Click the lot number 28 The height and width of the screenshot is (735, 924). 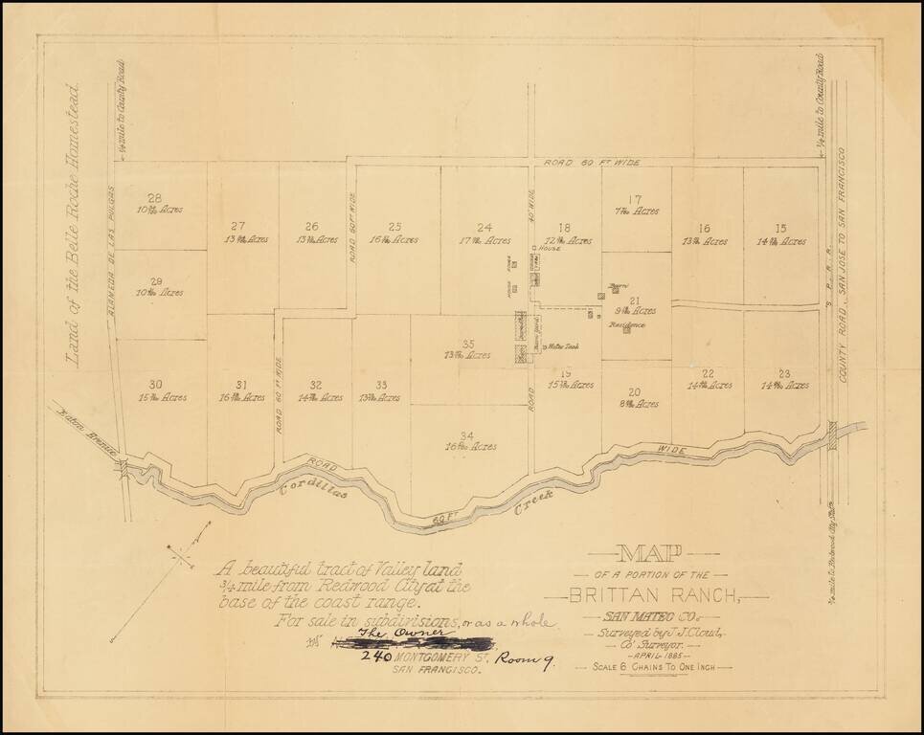pos(154,198)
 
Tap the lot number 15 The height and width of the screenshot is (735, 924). pos(780,228)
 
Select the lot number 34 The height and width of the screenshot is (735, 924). pos(466,435)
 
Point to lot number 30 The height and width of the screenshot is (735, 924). pos(154,384)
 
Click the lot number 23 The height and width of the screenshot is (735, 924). pos(784,373)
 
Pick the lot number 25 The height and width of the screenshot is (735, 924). pos(394,227)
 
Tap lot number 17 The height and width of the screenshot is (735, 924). pos(635,200)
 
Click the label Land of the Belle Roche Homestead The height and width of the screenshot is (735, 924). pos(73,228)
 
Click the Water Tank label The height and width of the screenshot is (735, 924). pos(562,346)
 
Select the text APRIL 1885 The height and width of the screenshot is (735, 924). pos(663,655)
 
